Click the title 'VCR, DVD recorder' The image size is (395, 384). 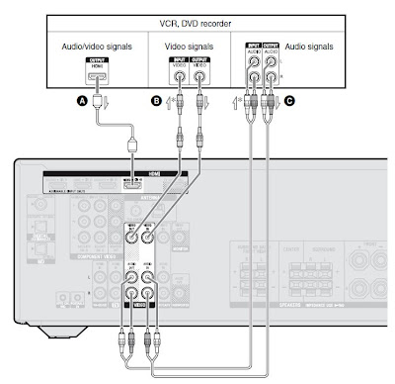[197, 21]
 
